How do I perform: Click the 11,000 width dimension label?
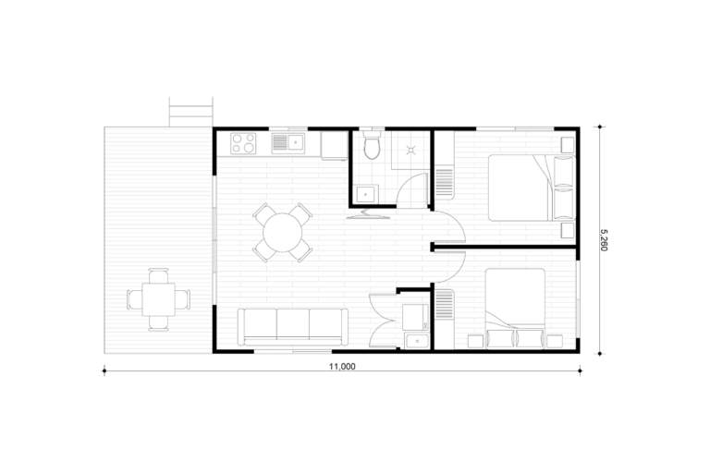342,367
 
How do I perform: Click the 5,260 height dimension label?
604,240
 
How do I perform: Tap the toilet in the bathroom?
373,144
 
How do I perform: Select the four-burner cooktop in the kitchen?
243,142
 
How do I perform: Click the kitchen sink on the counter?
288,143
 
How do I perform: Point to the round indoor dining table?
283,232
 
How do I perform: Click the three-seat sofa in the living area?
293,327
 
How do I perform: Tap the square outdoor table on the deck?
158,299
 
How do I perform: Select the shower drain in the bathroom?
411,150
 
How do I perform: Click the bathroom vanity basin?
367,194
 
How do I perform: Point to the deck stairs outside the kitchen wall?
190,112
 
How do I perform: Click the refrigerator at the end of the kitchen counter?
335,146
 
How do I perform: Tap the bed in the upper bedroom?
532,188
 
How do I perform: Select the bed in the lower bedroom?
515,309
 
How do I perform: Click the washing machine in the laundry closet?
415,317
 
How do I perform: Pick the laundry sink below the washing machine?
417,340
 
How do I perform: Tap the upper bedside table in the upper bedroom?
568,144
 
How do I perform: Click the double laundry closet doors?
384,320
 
